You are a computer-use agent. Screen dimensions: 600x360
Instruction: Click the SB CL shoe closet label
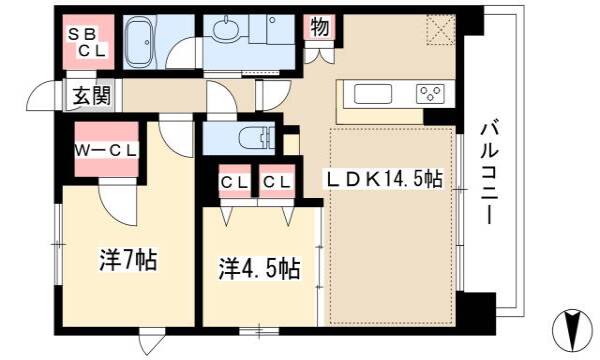pyautogui.click(x=88, y=42)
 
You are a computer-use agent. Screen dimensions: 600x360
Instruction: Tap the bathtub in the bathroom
pyautogui.click(x=140, y=42)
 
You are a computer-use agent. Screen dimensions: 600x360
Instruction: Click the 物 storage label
pyautogui.click(x=320, y=28)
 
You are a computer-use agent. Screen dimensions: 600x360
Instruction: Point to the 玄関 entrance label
pyautogui.click(x=91, y=95)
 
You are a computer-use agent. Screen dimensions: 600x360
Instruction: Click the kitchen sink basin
pyautogui.click(x=373, y=94)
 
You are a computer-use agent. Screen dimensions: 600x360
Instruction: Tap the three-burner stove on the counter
pyautogui.click(x=430, y=94)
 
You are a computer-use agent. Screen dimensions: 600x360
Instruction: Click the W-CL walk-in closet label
pyautogui.click(x=106, y=151)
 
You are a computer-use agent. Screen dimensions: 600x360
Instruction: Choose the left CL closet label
pyautogui.click(x=235, y=182)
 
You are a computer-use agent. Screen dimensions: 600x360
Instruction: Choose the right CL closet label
pyautogui.click(x=277, y=182)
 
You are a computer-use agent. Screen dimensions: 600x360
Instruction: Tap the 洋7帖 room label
pyautogui.click(x=128, y=260)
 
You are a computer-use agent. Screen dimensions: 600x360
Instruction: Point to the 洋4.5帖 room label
pyautogui.click(x=259, y=269)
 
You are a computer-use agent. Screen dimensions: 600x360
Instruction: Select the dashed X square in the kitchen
pyautogui.click(x=441, y=29)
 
